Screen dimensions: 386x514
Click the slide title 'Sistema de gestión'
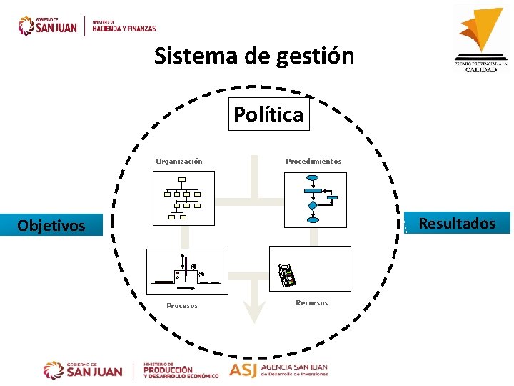pos(254,55)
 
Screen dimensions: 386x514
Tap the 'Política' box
pos(268,114)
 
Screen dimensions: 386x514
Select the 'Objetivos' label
pos(51,226)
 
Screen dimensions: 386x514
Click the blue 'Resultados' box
pos(457,224)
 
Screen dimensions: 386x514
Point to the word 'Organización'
pos(179,161)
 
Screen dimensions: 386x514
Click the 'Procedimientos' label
pos(313,161)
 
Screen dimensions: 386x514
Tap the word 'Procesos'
pos(182,306)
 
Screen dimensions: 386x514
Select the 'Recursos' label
pos(311,303)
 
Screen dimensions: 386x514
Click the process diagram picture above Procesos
pos(186,271)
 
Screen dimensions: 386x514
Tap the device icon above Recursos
pos(287,274)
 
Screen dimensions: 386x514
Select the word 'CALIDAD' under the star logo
pos(481,69)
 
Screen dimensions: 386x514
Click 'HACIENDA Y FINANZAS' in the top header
pos(124,29)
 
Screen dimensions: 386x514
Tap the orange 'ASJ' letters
pos(243,370)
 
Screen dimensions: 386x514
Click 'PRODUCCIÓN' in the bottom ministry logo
pos(168,370)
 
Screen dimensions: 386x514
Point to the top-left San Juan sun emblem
pos(26,26)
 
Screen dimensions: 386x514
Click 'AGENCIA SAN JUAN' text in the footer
pos(293,367)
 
